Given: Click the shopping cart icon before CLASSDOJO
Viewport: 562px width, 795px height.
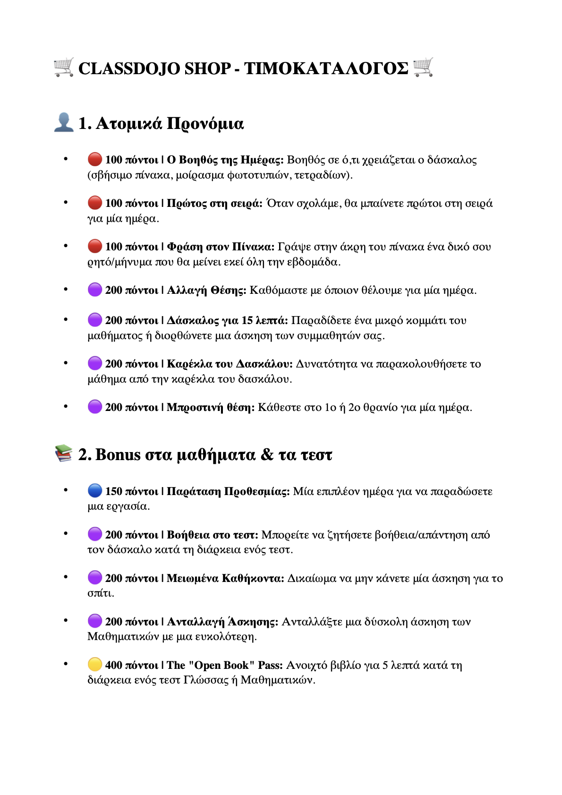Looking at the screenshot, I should pos(64,68).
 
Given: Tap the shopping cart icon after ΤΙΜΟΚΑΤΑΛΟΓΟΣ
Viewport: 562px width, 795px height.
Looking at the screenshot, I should pos(423,68).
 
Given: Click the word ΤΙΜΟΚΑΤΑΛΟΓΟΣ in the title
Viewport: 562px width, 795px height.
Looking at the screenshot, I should pos(326,68).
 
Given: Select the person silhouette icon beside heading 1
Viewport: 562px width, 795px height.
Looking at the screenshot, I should pos(64,122).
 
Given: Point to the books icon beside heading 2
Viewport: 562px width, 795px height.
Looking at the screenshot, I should pos(64,453).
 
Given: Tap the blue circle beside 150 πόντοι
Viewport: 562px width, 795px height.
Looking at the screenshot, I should pos(95,491).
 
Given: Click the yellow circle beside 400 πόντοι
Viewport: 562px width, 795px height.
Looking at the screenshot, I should pos(95,665).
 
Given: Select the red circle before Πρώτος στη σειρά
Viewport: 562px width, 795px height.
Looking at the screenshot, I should pos(95,203).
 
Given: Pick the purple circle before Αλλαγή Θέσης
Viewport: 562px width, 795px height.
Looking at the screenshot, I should pos(95,290).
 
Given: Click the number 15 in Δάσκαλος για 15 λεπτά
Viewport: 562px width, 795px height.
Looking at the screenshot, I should pos(247,320).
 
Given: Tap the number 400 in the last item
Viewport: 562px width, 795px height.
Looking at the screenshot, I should pos(113,665).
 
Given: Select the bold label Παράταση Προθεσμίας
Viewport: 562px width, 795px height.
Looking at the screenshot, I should pos(228,491).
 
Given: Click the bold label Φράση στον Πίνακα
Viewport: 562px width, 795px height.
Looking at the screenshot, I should pos(221,247).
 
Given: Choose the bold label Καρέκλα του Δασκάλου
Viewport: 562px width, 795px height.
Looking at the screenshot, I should pos(230,364).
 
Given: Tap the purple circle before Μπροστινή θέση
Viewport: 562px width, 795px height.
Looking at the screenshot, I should pos(95,407).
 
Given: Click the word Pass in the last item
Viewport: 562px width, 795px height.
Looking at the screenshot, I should pos(270,665).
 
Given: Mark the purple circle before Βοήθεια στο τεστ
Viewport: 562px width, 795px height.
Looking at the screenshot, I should pos(95,534).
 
